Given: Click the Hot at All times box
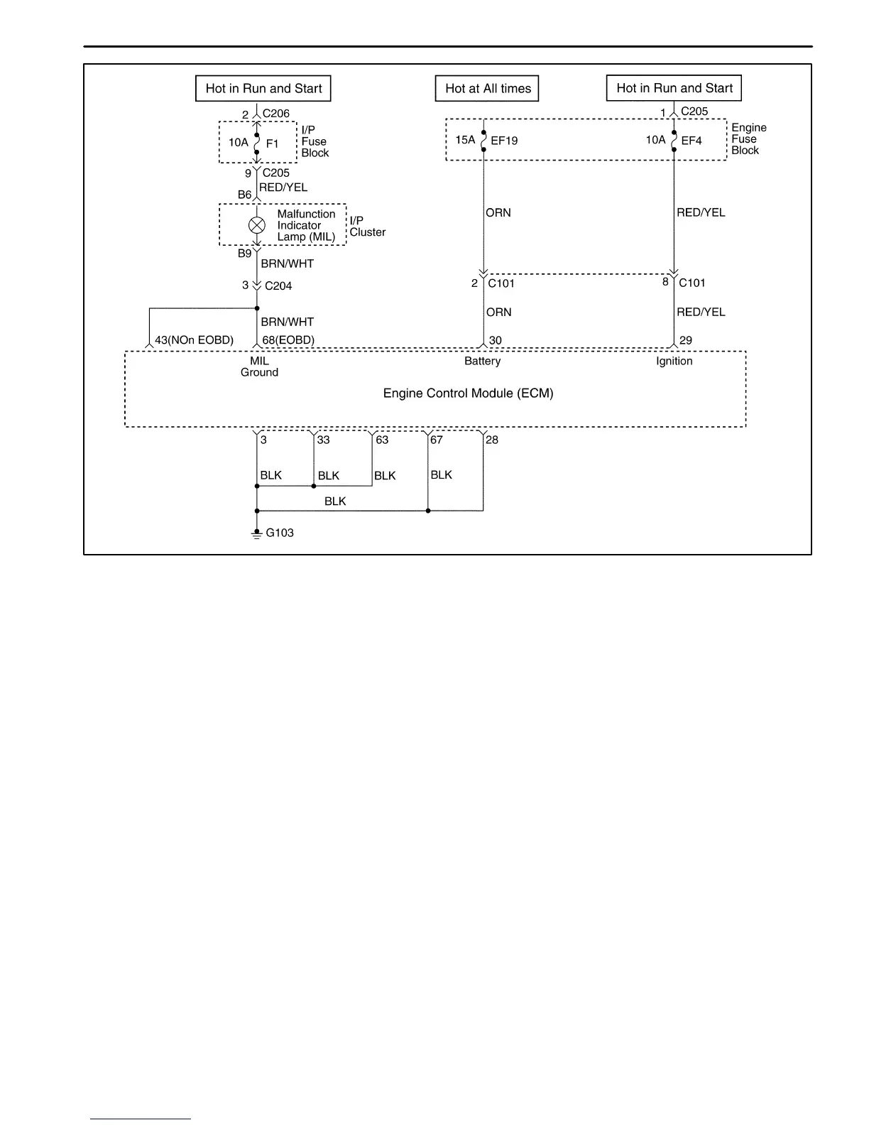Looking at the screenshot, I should coord(488,89).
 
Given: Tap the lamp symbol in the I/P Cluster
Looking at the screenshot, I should coord(257,225).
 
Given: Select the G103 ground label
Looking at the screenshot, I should coord(280,533).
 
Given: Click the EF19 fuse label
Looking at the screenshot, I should coord(504,141).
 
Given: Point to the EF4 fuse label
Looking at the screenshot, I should coord(691,141).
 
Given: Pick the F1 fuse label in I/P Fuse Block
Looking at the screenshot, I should coord(272,143).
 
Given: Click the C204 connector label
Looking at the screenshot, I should coord(278,286).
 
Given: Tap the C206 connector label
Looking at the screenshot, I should coord(276,114).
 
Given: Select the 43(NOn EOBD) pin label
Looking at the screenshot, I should coord(194,340).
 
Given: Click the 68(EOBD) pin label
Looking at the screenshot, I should coord(288,340).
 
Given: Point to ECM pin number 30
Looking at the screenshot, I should coord(496,340).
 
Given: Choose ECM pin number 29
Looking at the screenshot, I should coord(686,340).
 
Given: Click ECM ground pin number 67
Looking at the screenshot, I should coord(437,440).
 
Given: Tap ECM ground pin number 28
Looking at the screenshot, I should coord(492,440).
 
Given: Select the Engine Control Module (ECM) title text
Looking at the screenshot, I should coord(468,393).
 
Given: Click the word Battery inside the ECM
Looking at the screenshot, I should coord(483,361).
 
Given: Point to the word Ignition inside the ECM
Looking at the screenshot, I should coord(674,361).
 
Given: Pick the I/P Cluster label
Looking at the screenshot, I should coord(367,227).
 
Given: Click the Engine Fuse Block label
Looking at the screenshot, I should coord(749,139).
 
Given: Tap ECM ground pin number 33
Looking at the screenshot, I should coord(324,440).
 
